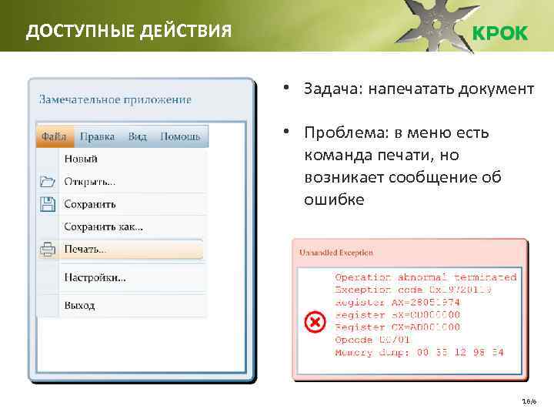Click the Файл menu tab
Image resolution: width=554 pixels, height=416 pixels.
(x=54, y=137)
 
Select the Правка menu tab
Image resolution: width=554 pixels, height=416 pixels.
(x=97, y=137)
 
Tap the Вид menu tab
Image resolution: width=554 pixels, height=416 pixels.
(x=138, y=137)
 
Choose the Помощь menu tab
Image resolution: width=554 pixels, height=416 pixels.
(x=180, y=137)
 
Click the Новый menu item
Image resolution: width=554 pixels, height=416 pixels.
(x=81, y=159)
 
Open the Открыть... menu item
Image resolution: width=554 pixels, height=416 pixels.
(x=90, y=183)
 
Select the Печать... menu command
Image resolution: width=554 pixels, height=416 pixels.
(x=85, y=250)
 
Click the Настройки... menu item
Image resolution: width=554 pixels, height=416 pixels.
(x=95, y=277)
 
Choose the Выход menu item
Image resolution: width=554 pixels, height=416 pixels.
(x=80, y=305)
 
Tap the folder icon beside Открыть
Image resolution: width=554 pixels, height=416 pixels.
(x=48, y=183)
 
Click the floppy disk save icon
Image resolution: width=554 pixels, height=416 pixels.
(x=48, y=204)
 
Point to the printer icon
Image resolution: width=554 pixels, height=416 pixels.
(x=48, y=250)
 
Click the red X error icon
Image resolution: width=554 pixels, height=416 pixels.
(x=315, y=322)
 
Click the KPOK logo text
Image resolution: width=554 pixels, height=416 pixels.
(x=499, y=33)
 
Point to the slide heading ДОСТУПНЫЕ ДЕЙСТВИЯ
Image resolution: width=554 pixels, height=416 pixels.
(x=128, y=32)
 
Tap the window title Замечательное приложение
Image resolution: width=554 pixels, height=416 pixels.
(x=115, y=99)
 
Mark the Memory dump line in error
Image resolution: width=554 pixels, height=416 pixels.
(x=419, y=353)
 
